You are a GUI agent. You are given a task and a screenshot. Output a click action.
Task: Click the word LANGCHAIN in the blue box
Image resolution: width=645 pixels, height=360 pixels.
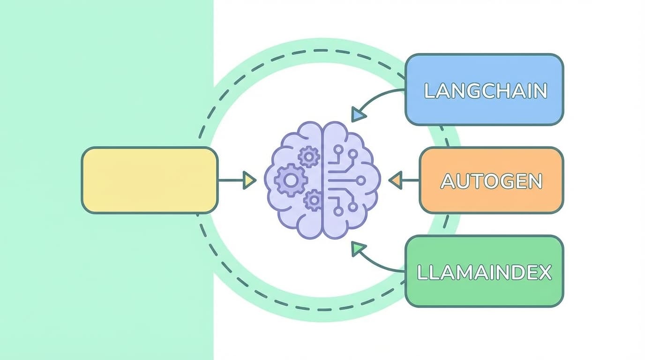coord(486,91)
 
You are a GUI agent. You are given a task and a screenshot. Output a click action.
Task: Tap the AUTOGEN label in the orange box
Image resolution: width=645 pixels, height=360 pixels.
coord(491,181)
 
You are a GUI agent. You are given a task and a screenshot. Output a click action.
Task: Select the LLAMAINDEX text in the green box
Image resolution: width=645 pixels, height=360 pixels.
coord(484,272)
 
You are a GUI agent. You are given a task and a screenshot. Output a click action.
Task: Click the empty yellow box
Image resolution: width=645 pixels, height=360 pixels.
coord(149,180)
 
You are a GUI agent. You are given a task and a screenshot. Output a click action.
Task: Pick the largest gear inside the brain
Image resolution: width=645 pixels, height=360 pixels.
coord(291,180)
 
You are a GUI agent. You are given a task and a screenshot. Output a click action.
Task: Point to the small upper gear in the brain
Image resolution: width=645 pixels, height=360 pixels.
coord(308,156)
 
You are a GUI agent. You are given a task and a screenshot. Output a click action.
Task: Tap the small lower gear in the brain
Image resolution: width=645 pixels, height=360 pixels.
coord(313,201)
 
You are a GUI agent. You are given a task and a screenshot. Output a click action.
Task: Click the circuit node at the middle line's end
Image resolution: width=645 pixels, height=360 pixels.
coord(360,180)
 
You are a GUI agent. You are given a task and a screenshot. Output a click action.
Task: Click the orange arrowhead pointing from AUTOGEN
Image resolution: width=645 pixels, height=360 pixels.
coord(396,180)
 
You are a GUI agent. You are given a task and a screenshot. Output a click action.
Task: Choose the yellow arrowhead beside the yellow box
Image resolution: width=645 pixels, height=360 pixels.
coord(249,180)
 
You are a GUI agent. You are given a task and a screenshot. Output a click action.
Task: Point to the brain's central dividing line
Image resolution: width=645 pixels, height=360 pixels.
coord(322,180)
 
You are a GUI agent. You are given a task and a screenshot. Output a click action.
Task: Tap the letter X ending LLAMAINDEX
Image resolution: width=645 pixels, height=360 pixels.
coord(545,272)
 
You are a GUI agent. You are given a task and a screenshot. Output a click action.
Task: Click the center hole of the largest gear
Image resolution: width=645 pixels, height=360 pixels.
coord(291,180)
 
